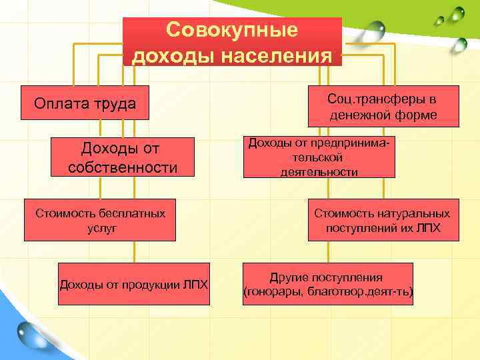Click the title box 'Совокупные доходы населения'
pos(232,41)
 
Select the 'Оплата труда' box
pos(85,103)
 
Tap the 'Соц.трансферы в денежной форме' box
pos(383,107)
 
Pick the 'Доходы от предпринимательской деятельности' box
pos(319,157)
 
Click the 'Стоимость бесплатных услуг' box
pos(100,220)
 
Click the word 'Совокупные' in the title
pos(232,30)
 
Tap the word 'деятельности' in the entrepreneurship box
pos(319,171)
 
